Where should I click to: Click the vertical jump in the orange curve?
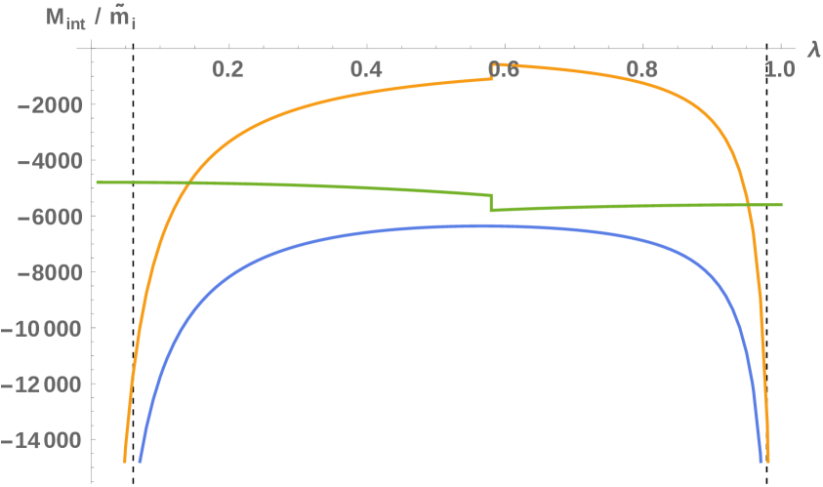coord(492,72)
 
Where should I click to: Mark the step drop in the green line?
coord(492,202)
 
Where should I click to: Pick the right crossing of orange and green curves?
coord(747,204)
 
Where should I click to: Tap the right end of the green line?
coord(782,204)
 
